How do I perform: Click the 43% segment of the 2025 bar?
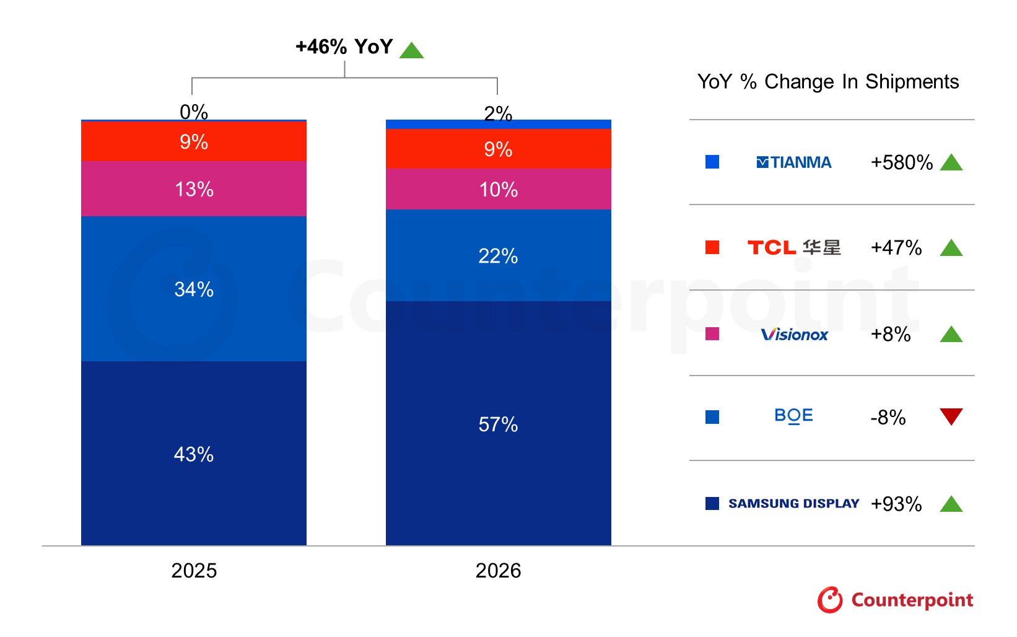coord(193,454)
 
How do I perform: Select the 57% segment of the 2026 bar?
coord(498,424)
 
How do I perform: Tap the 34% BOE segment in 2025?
coord(193,289)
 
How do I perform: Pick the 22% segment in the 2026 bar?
coord(498,255)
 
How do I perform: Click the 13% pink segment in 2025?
coord(193,189)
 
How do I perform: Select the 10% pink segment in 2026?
coord(498,189)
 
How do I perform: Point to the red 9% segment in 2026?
coord(498,149)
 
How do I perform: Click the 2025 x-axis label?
coord(193,570)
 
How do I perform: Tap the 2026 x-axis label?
coord(498,570)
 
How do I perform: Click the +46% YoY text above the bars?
coord(344,46)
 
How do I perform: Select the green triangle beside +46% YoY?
coord(411,50)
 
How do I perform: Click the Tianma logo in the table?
coord(793,162)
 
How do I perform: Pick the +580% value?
coord(901,162)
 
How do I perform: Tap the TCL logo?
coord(793,248)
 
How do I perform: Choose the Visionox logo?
coord(794,335)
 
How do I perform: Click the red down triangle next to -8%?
coord(951,416)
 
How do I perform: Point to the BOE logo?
coord(793,416)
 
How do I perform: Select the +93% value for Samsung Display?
coord(896,504)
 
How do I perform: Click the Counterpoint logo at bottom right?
coord(895,600)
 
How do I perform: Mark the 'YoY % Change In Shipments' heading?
coord(827,82)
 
